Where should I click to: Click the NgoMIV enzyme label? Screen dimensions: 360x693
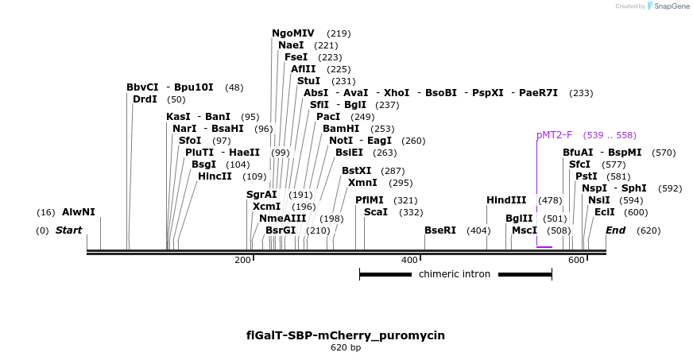pyautogui.click(x=293, y=33)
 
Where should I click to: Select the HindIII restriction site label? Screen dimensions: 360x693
pyautogui.click(x=506, y=200)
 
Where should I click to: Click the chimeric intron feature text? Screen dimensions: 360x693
pyautogui.click(x=455, y=274)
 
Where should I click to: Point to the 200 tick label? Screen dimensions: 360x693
pyautogui.click(x=242, y=261)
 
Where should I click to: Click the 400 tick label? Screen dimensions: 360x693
pyautogui.click(x=409, y=261)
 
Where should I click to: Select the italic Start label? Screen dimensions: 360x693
pyautogui.click(x=68, y=230)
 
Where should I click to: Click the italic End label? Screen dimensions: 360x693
pyautogui.click(x=616, y=230)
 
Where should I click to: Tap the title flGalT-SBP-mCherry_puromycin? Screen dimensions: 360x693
pyautogui.click(x=346, y=335)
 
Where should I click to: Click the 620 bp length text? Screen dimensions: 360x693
pyautogui.click(x=346, y=348)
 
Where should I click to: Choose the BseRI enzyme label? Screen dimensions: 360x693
pyautogui.click(x=440, y=230)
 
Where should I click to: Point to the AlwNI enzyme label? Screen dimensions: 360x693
pyautogui.click(x=78, y=212)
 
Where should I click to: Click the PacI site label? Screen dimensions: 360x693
pyautogui.click(x=328, y=117)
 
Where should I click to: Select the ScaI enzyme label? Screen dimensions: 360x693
pyautogui.click(x=376, y=212)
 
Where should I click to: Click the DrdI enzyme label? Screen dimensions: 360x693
pyautogui.click(x=145, y=99)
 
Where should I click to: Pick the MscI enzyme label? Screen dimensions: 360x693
pyautogui.click(x=525, y=230)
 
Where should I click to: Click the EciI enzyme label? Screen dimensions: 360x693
pyautogui.click(x=604, y=212)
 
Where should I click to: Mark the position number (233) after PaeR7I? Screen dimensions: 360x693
pyautogui.click(x=581, y=93)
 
